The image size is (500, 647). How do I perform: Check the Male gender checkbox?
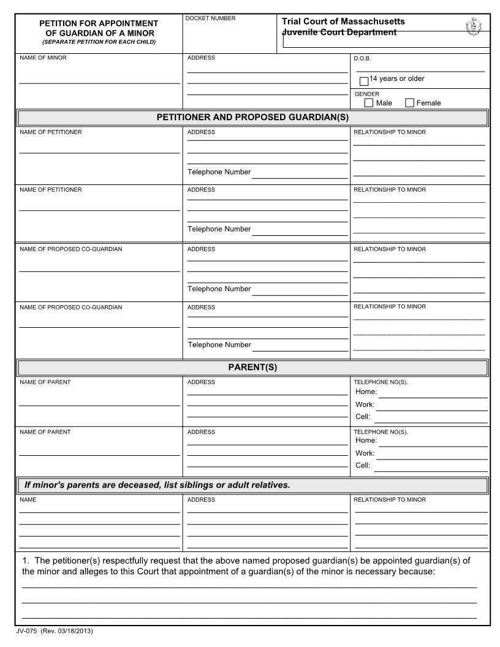click(x=368, y=103)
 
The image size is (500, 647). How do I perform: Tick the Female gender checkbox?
click(x=409, y=103)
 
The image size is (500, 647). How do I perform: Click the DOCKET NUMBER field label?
click(x=210, y=18)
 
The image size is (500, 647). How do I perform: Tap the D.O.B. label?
click(x=362, y=59)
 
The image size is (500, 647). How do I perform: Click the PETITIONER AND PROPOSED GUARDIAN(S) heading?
click(x=252, y=117)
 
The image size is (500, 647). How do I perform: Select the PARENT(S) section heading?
click(x=252, y=368)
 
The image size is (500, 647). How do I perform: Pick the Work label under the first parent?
click(x=365, y=404)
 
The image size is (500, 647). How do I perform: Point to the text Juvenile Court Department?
click(x=339, y=32)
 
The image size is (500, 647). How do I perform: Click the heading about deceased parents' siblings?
click(x=156, y=485)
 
